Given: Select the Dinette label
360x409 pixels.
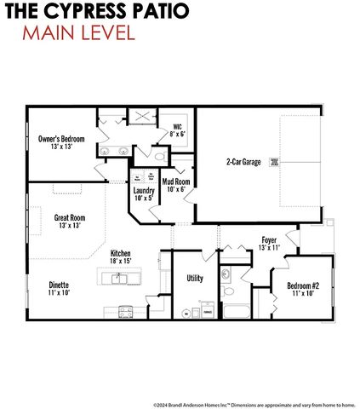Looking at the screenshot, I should (x=59, y=285).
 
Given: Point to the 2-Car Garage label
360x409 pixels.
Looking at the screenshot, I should (x=243, y=161).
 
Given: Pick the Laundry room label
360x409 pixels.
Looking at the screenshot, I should (x=143, y=190).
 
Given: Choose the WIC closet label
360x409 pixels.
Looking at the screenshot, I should (x=177, y=129).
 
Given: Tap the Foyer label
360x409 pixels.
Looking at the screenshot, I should (x=269, y=240).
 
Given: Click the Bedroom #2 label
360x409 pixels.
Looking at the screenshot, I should (x=303, y=285).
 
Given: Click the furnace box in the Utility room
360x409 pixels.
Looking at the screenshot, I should (x=207, y=313).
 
